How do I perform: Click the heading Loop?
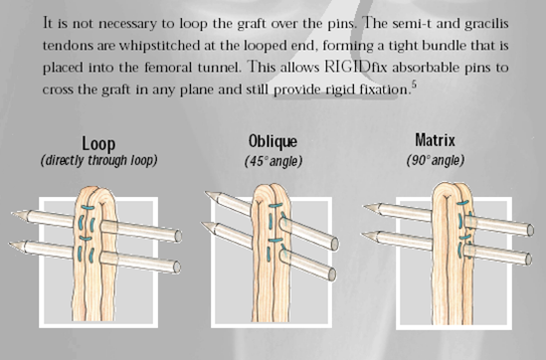tap(98, 144)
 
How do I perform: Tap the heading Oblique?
tap(273, 141)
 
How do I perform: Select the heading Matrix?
tap(435, 140)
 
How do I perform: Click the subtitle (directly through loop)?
tap(98, 160)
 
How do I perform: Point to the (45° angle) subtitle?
tap(273, 161)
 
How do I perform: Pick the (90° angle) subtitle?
tap(436, 160)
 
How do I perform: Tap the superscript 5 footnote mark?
tap(414, 84)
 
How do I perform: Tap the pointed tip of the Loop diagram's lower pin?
tap(10, 244)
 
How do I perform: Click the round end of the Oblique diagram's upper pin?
tap(334, 244)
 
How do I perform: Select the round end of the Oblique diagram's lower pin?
tap(332, 274)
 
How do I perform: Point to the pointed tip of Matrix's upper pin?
tap(365, 207)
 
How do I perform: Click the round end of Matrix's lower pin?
tap(528, 260)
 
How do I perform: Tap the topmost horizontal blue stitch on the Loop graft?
tap(88, 208)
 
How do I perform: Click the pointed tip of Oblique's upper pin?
tap(207, 193)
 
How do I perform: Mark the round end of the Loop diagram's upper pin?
tap(178, 236)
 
